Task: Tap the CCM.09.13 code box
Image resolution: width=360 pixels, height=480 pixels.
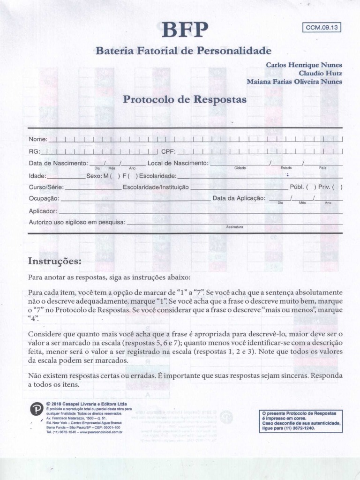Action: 322,27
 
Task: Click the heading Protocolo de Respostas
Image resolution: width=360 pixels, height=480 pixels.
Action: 184,99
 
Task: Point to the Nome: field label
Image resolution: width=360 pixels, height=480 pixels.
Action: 38,140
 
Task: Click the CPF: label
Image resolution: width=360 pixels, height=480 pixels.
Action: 168,151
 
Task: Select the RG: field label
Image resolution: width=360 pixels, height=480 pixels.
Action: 34,151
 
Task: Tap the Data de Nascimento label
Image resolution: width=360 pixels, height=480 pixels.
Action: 58,163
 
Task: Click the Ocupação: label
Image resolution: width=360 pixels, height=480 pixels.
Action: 44,198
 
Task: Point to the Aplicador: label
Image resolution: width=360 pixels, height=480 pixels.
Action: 43,211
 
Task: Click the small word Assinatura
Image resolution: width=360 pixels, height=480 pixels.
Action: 235,227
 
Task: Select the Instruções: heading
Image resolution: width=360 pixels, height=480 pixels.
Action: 55,261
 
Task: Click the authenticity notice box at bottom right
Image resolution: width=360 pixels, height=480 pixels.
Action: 300,421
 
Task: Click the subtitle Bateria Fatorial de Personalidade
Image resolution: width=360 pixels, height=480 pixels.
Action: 183,50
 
